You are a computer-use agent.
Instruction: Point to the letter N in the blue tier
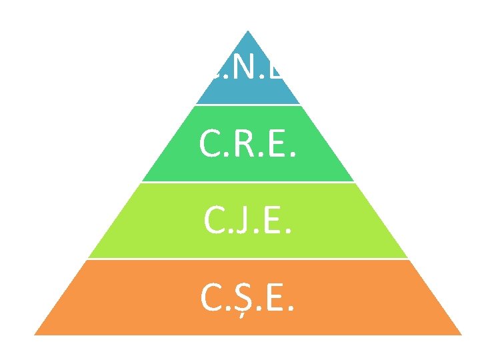(248, 67)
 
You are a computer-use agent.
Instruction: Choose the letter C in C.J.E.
(214, 220)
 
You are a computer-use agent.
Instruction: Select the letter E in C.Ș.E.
(273, 297)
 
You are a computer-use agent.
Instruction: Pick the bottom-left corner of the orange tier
(35, 334)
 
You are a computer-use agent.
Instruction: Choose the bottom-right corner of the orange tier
(461, 334)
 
